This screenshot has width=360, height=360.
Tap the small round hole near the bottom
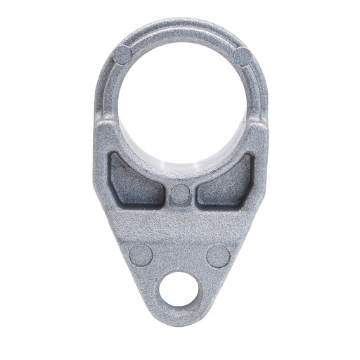click(179, 289)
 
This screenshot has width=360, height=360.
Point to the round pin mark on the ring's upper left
click(124, 54)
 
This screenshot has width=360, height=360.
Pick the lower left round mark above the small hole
click(141, 255)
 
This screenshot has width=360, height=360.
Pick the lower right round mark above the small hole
click(218, 255)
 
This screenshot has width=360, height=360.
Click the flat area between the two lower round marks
click(180, 255)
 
